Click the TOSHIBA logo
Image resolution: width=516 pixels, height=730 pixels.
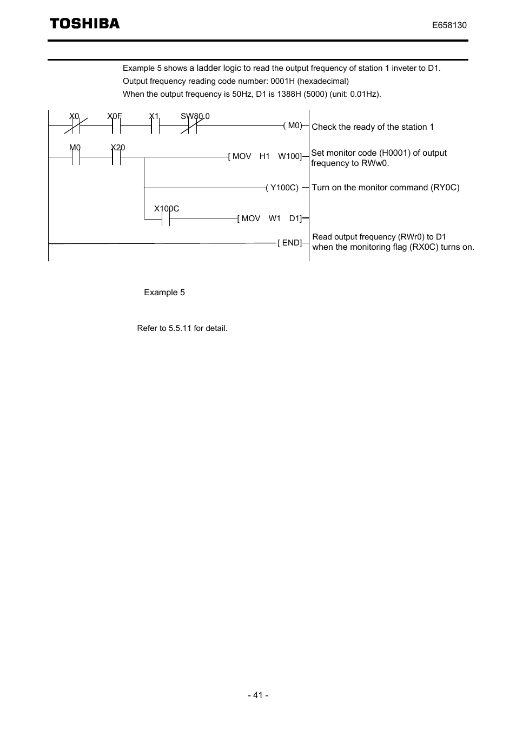tap(84, 23)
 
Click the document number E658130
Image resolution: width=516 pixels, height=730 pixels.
tap(449, 25)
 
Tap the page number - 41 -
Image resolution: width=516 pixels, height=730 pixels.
tap(258, 695)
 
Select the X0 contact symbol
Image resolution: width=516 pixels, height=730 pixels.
tap(76, 125)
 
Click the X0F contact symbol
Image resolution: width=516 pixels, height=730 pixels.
tap(116, 125)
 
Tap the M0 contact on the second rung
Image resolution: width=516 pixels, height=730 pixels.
tap(76, 157)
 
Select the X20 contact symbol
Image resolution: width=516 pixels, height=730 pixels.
tap(116, 157)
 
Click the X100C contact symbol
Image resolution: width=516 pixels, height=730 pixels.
tap(166, 218)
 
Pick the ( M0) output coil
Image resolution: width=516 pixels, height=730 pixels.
tap(293, 125)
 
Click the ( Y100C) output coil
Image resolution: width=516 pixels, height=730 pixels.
tap(282, 188)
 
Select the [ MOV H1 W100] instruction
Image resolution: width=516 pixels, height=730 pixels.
tap(265, 156)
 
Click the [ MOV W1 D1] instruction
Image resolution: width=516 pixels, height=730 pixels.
tap(269, 218)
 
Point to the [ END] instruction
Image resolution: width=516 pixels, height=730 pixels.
tap(290, 243)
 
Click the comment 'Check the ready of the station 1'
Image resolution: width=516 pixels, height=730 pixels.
tap(373, 127)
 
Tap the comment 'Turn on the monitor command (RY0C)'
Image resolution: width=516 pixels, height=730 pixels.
tap(386, 188)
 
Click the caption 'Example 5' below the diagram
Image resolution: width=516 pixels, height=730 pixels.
tap(164, 293)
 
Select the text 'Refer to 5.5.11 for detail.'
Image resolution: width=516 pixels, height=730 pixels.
tap(182, 328)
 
